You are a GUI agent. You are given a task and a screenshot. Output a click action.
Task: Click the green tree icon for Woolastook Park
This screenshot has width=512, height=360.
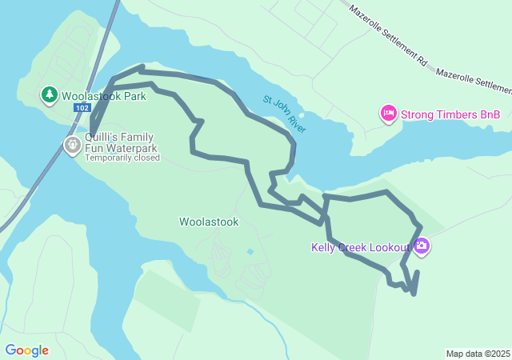coord(50,95)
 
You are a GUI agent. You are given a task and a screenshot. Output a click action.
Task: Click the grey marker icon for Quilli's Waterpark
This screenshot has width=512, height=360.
coord(72,145)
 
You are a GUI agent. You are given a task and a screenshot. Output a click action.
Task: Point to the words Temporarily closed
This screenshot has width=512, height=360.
coord(122,158)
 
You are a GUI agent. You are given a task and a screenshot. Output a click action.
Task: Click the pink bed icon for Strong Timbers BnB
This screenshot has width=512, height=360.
coord(388,114)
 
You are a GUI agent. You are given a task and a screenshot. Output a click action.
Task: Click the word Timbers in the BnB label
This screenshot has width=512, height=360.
coord(455,115)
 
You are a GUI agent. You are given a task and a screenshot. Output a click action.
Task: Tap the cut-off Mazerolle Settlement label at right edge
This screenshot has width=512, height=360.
coord(474,81)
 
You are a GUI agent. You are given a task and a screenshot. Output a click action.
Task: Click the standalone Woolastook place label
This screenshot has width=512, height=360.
coord(209,222)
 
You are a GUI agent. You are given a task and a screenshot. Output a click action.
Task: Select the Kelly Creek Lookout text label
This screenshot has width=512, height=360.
coord(360,247)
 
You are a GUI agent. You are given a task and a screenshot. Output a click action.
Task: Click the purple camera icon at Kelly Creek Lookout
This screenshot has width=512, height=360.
coord(422,246)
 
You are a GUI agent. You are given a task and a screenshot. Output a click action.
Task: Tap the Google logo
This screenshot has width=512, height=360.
coord(26,350)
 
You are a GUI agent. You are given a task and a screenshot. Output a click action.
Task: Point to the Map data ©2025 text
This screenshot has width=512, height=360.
coord(477,354)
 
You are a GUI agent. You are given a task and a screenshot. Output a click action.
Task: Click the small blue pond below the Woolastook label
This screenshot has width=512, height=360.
coord(250,252)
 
